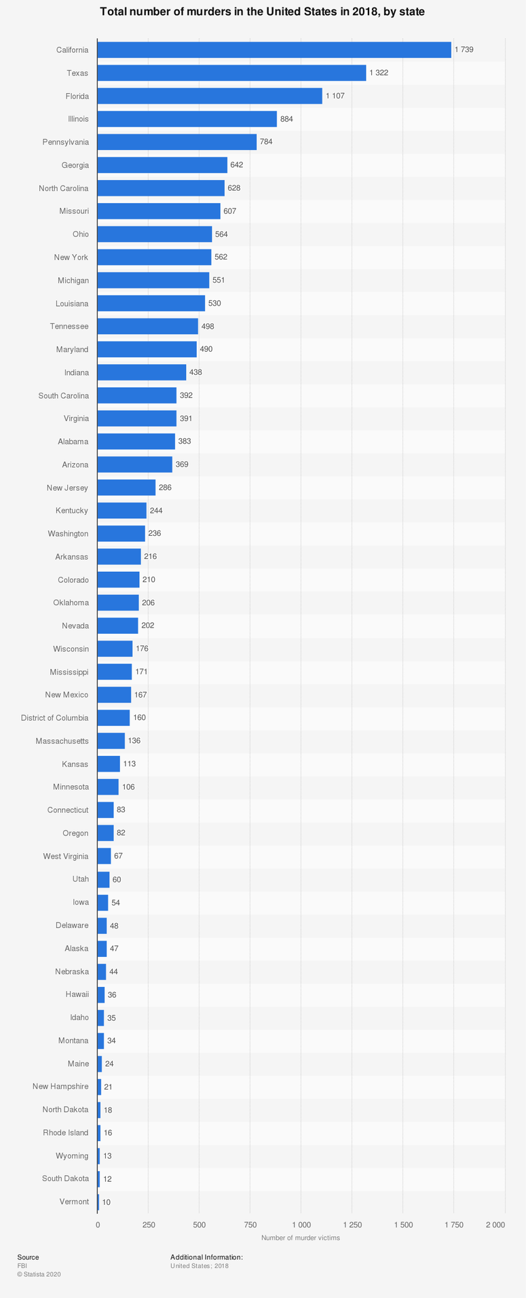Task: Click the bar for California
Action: [x=274, y=50]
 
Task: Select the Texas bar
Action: [x=231, y=73]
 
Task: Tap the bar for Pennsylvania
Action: [x=177, y=142]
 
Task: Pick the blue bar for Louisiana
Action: [x=151, y=303]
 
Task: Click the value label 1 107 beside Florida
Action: [x=335, y=96]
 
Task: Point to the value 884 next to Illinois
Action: [x=286, y=119]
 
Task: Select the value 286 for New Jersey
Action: [x=165, y=488]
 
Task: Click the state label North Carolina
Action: [x=64, y=188]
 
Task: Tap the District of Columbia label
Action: [x=54, y=718]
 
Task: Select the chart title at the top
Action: [x=263, y=12]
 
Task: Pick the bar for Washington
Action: [x=121, y=534]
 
